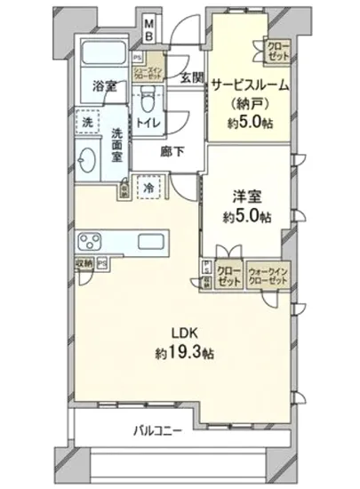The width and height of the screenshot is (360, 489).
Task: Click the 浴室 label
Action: pos(103,86)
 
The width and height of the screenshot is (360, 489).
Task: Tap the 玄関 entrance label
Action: pos(191,78)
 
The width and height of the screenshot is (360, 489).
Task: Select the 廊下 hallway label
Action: pos(173,151)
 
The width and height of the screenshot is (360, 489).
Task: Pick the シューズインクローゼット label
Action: pos(149,74)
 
